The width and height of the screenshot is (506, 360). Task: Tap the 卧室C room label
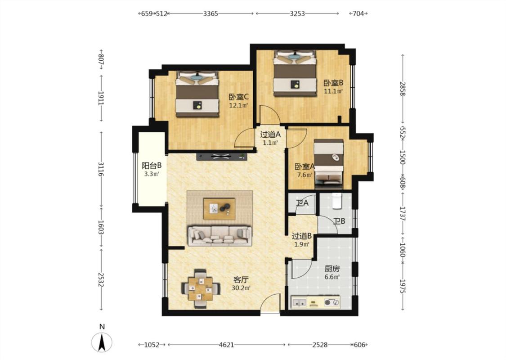coord(238,97)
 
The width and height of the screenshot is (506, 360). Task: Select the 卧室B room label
coord(333,83)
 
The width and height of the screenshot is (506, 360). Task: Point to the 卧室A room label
coord(304,166)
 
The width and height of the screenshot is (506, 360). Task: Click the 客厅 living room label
coord(241,279)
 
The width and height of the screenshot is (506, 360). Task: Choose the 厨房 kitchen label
coord(332,269)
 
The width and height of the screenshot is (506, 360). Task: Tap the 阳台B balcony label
coord(152,166)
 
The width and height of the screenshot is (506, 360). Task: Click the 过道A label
coord(270,134)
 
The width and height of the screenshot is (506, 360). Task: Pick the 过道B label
coord(301,236)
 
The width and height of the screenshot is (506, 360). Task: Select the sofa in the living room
coord(220,235)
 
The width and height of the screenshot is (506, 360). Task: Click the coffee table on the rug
coord(219,208)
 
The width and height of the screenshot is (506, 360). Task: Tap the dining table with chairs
coord(201,288)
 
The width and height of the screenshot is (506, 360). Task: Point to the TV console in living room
coord(221,157)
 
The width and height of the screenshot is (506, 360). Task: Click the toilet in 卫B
coord(336,201)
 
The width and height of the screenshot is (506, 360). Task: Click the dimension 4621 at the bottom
coord(226,345)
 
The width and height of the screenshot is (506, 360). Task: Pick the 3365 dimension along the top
coord(210,13)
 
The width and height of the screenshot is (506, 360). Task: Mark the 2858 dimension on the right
coord(403,89)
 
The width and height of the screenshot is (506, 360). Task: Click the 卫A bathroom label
coord(302,203)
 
